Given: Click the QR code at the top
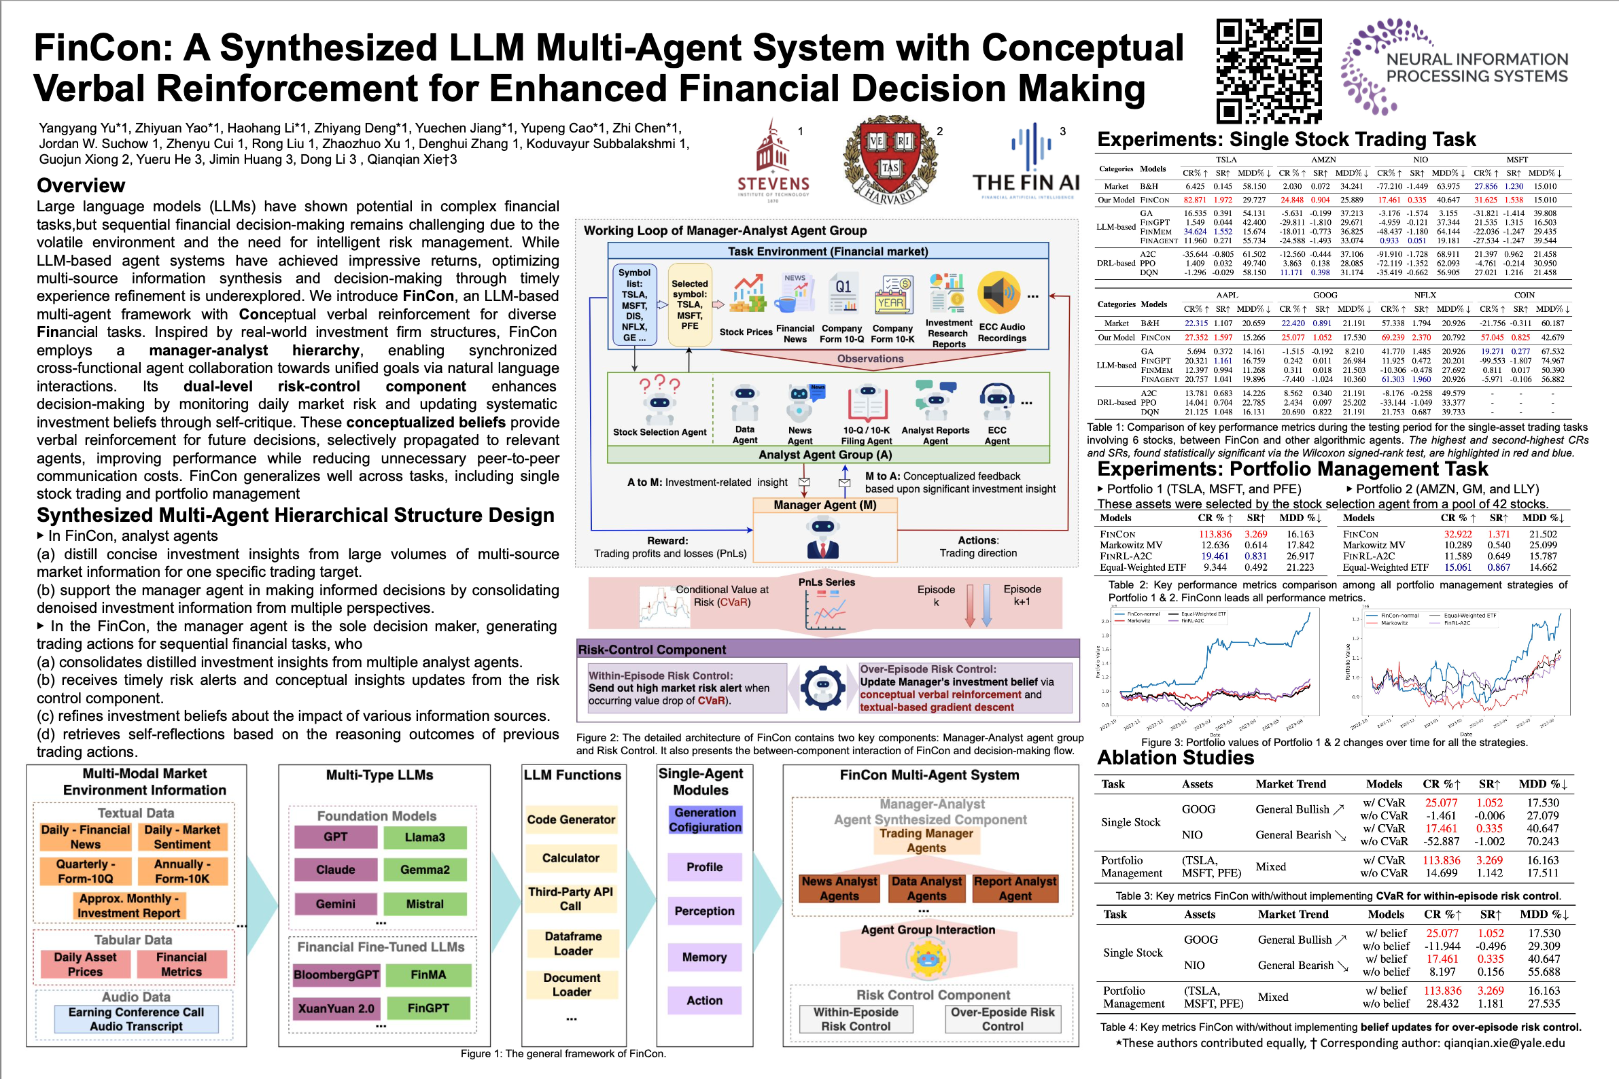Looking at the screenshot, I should [1269, 70].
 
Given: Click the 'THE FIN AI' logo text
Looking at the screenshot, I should [1026, 182].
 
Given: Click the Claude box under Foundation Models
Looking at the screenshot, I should [335, 869].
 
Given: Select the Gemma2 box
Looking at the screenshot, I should [425, 869].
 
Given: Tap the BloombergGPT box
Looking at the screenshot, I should [336, 974].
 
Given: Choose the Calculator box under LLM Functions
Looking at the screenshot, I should [571, 857].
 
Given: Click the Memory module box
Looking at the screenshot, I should [704, 957].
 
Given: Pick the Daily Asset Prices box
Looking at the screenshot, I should [85, 964].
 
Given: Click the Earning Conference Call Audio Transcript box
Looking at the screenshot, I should [137, 1019].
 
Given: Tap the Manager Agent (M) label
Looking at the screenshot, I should [824, 504].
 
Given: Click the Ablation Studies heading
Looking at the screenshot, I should [1175, 758].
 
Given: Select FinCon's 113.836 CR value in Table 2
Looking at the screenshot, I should [1215, 534].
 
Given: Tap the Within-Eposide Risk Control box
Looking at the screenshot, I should [856, 1019].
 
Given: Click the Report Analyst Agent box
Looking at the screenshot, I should [1015, 888].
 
